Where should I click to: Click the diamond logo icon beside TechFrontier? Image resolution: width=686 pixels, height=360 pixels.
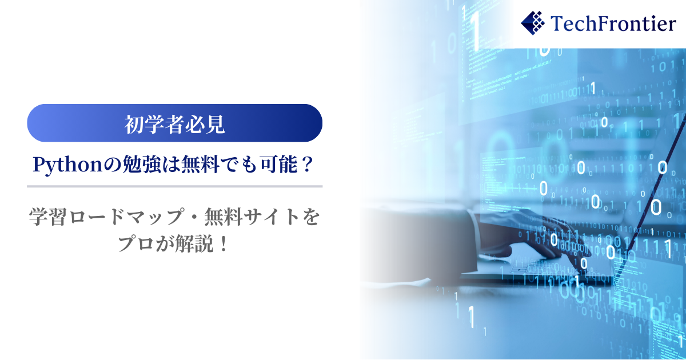[x=533, y=23]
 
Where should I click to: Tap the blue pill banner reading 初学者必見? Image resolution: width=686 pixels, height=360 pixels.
[x=174, y=123]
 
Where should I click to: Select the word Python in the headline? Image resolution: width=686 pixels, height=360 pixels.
[x=67, y=165]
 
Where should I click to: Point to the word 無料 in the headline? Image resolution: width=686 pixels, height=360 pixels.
[x=200, y=165]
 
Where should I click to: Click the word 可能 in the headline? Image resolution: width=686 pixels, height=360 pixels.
[x=279, y=165]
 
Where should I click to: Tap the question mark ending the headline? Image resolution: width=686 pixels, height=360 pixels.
[x=307, y=165]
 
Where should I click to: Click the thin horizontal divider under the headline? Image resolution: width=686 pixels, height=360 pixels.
[x=174, y=186]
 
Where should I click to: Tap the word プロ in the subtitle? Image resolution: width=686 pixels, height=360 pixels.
[x=135, y=244]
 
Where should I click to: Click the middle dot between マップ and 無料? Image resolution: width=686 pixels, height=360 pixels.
[x=195, y=217]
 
